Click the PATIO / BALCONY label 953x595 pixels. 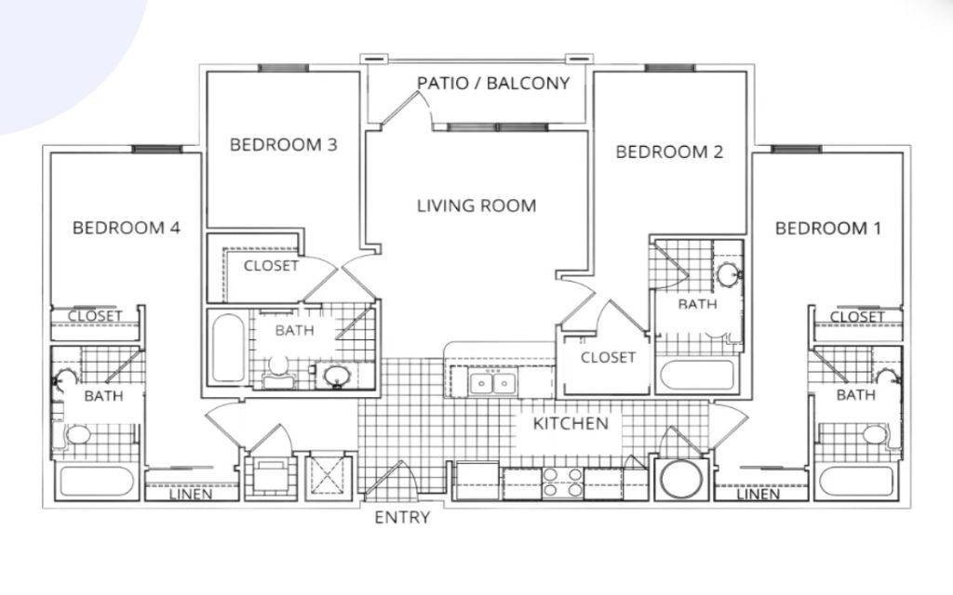pyautogui.click(x=493, y=83)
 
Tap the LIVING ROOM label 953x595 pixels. pyautogui.click(x=476, y=205)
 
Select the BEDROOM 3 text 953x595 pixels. pyautogui.click(x=283, y=144)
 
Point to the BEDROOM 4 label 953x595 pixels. pyautogui.click(x=127, y=228)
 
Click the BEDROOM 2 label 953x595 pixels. pyautogui.click(x=669, y=152)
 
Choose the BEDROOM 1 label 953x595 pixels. pyautogui.click(x=827, y=229)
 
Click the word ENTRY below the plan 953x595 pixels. pyautogui.click(x=402, y=517)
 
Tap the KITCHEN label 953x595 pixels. pyautogui.click(x=570, y=423)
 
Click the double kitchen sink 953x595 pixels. pyautogui.click(x=492, y=384)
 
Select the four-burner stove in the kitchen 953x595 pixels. pyautogui.click(x=562, y=483)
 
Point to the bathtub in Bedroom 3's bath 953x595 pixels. pyautogui.click(x=229, y=348)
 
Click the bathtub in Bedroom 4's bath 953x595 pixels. pyautogui.click(x=97, y=482)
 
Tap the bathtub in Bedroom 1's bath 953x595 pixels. pyautogui.click(x=856, y=482)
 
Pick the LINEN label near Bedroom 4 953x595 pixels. pyautogui.click(x=191, y=495)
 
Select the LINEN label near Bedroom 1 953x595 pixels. pyautogui.click(x=758, y=495)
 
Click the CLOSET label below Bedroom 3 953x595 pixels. pyautogui.click(x=271, y=266)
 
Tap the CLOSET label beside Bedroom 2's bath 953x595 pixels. pyautogui.click(x=608, y=358)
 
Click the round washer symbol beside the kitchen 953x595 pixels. pyautogui.click(x=680, y=479)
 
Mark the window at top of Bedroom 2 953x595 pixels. pyautogui.click(x=669, y=68)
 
